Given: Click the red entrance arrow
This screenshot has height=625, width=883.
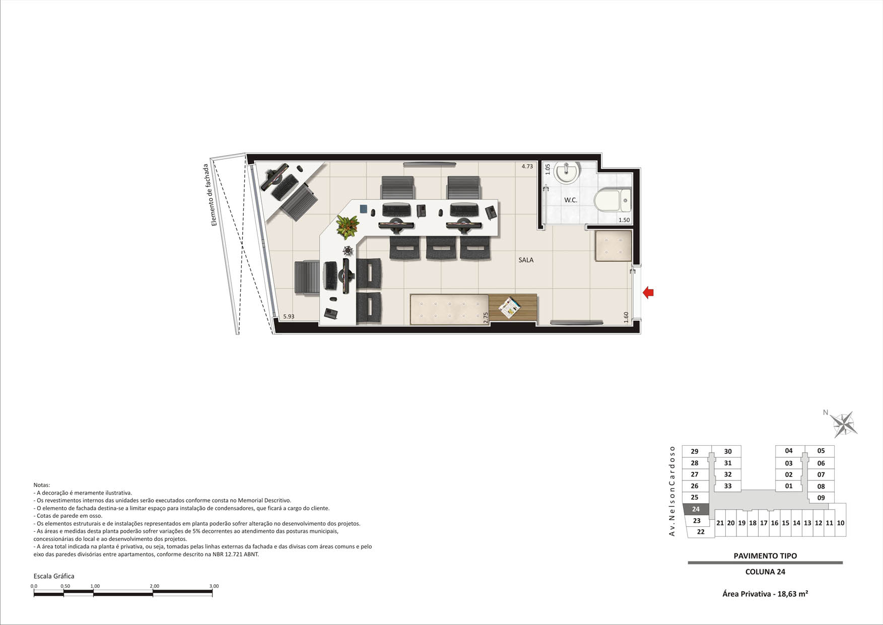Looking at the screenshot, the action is pos(648,292).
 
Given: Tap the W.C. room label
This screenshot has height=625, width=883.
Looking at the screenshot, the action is pos(571,200).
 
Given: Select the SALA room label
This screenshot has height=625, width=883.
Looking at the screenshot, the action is pos(526,260).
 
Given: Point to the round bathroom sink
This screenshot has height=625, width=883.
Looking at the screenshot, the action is pos(567,172).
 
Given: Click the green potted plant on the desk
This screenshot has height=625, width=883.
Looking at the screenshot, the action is pos(348,226).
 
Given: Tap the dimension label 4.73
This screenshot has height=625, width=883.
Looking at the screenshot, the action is pos(527,166).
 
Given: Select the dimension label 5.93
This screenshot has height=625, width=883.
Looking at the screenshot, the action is pos(289,316).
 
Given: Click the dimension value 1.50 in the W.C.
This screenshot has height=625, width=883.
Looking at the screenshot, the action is pos(624,220).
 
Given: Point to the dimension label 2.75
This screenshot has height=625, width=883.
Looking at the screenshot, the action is pos(486,317).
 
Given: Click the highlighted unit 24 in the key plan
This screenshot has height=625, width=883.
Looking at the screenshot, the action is pos(696,509).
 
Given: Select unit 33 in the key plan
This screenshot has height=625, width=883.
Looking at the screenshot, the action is pos(728,486).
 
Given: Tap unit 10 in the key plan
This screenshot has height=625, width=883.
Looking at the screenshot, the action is pos(841,523).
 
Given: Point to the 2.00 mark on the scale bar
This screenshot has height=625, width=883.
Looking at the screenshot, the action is pos(154,586).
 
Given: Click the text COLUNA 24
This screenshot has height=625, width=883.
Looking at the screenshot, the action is pos(765,572).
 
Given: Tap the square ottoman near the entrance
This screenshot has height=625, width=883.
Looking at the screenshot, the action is pos(614,245).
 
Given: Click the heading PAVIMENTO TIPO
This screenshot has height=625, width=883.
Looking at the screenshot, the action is pos(765,556).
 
